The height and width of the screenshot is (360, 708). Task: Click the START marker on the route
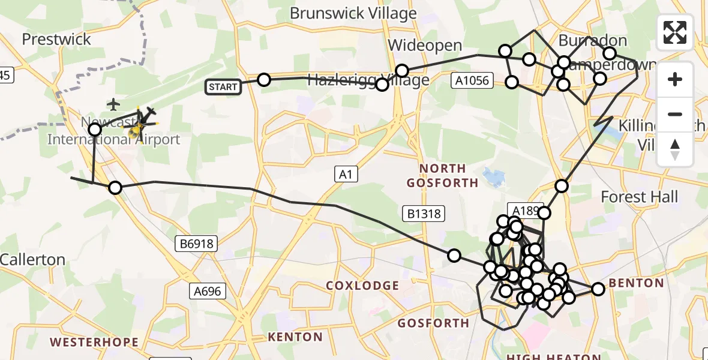point(223,87)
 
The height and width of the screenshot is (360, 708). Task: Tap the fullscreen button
point(675,32)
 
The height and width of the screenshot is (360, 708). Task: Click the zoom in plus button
point(675,79)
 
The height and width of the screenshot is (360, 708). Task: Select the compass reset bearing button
point(675,149)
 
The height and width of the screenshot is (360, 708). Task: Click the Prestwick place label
point(56,40)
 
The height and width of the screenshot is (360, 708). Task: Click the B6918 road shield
point(196,244)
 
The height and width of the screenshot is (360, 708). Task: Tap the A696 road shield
point(208,292)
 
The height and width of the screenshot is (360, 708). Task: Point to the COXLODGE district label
point(362,286)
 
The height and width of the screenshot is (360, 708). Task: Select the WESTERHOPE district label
point(94,343)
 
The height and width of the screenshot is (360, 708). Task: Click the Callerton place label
point(33,260)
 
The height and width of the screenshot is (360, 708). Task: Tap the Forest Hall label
point(639,197)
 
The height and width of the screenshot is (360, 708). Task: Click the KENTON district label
point(296,337)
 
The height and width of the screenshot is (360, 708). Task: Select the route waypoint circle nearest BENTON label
point(598,289)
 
